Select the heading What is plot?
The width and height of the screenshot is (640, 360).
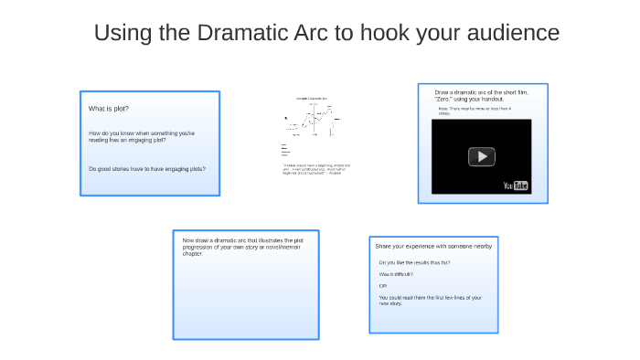[x=109, y=109]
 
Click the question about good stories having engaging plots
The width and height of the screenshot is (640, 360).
[x=146, y=169]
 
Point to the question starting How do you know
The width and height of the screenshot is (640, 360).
[x=141, y=137]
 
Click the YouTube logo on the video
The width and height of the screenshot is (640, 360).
[x=516, y=185]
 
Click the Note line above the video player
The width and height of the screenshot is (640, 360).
[x=475, y=111]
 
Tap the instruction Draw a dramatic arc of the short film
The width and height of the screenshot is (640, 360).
[x=481, y=95]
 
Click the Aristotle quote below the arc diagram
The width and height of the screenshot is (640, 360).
[x=316, y=169]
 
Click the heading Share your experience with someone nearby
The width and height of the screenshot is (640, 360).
[x=433, y=246]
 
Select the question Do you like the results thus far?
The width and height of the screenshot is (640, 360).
[x=414, y=262]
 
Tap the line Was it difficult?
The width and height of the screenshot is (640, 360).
[x=396, y=274]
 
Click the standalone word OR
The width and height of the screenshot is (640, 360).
[x=383, y=286]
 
